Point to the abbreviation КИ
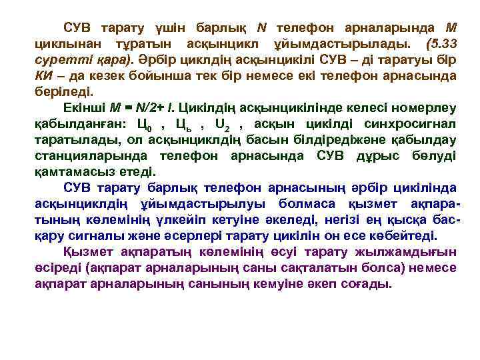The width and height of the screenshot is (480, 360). pos(44,76)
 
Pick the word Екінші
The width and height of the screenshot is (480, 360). pos(83,107)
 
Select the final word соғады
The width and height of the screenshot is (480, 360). pos(364,283)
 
